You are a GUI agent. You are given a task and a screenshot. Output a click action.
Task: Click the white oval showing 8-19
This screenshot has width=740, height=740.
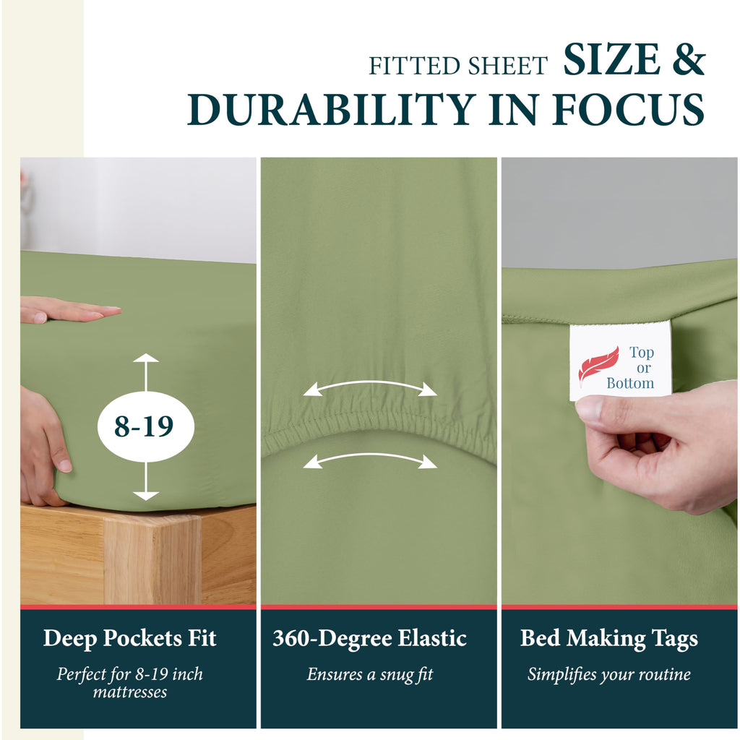click(146, 426)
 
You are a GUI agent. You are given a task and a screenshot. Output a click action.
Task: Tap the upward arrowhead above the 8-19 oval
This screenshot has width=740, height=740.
click(146, 358)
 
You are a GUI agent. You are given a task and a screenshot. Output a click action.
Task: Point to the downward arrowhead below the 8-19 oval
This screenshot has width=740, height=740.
click(146, 496)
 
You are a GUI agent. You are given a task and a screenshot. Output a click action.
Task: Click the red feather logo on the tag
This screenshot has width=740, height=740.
click(598, 366)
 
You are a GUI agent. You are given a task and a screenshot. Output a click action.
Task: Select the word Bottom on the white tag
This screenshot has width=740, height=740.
click(630, 383)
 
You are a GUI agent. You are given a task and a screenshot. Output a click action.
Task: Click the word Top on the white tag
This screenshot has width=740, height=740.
click(642, 353)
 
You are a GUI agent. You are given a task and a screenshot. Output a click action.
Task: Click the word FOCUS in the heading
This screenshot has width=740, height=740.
click(628, 110)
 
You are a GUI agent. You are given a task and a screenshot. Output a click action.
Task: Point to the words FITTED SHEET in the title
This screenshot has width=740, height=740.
click(457, 66)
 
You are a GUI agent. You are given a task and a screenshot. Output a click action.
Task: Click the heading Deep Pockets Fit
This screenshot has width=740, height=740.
click(130, 638)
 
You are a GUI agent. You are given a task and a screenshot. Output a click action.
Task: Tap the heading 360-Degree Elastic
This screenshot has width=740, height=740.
click(369, 638)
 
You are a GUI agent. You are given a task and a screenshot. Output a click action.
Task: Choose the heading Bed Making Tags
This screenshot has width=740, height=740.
click(608, 639)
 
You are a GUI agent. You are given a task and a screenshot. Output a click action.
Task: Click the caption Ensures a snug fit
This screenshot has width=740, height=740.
click(369, 674)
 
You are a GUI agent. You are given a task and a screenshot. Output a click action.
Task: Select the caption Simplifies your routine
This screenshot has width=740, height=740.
click(608, 674)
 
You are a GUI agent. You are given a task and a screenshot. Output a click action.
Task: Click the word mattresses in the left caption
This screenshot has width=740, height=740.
click(130, 692)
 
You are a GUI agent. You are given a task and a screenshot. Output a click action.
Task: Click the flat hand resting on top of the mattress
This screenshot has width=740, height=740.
click(70, 310)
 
